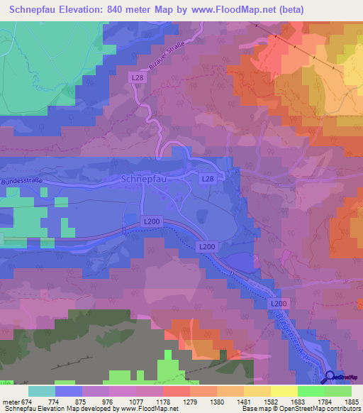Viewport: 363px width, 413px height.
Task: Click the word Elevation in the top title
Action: click(84, 10)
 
